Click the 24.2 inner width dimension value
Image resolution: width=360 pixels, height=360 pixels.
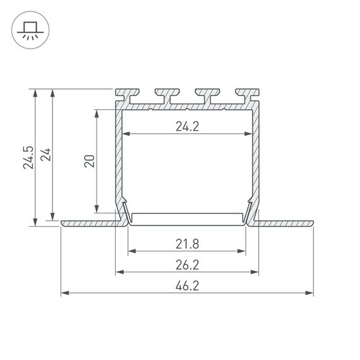click(x=187, y=126)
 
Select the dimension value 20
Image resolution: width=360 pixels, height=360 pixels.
click(x=89, y=160)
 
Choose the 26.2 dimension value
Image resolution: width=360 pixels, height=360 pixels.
click(x=187, y=265)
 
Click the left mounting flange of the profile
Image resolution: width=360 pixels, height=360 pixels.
click(x=88, y=223)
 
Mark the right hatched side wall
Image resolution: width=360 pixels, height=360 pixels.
click(x=256, y=158)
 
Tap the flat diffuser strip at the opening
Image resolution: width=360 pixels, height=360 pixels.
click(x=187, y=217)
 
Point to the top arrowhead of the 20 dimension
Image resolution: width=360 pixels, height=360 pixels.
click(x=96, y=114)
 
